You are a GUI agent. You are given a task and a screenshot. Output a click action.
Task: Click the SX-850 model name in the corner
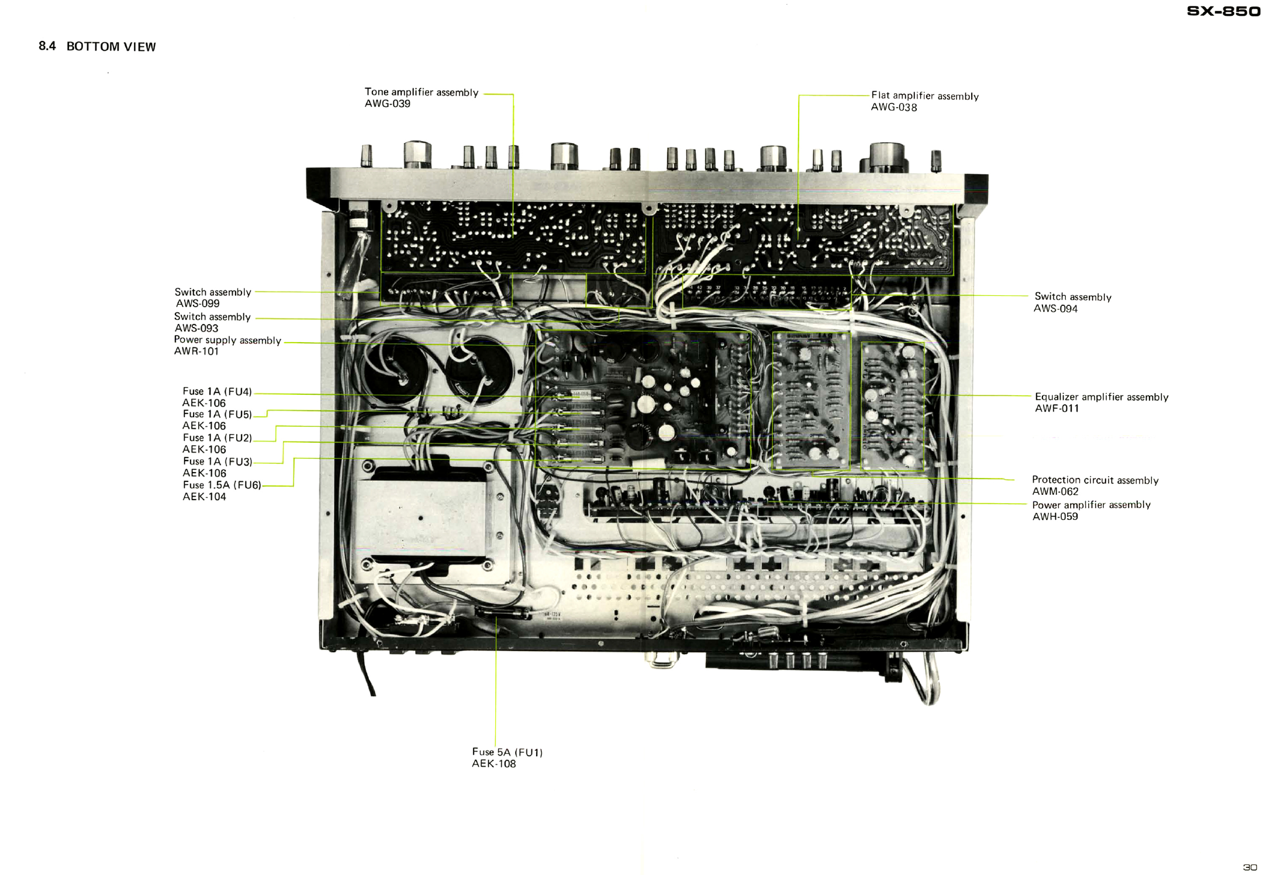[1223, 12]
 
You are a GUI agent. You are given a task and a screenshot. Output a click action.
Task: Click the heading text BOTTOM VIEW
[111, 47]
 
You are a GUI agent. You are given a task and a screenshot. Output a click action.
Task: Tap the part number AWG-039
[388, 104]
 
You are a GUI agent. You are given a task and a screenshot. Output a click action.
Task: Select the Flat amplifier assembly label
[924, 96]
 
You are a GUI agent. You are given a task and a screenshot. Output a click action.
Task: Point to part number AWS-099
[198, 304]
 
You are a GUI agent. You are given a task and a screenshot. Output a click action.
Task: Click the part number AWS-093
[196, 328]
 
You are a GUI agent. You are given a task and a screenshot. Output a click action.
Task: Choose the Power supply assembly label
[227, 340]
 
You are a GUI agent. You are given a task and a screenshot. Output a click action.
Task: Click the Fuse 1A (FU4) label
[217, 391]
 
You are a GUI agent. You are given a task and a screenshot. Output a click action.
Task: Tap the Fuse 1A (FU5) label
[217, 414]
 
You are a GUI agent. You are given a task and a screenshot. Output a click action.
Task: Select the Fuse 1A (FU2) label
[217, 437]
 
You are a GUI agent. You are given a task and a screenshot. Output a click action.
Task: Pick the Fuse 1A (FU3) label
[217, 461]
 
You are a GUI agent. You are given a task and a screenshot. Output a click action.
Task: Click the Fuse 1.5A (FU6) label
[222, 485]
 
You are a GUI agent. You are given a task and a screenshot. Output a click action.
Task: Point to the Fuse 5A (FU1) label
[507, 752]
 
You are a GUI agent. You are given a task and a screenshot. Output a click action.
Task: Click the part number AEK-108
[493, 764]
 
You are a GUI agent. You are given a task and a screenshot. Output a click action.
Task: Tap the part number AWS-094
[1055, 309]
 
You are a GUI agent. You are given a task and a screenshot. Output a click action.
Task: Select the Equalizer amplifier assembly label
[1102, 397]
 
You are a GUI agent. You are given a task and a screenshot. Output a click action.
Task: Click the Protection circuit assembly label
[1095, 480]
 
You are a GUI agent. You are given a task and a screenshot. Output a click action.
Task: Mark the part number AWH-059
[1055, 516]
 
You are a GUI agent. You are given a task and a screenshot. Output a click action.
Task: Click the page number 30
[1249, 867]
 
